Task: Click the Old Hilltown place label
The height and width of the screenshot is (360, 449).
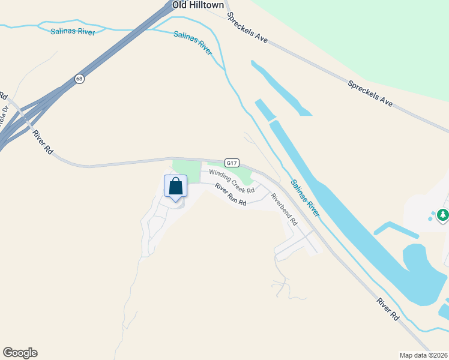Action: [x=198, y=5]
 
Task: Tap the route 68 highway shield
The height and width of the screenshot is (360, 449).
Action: [x=79, y=79]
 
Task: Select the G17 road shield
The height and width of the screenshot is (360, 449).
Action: [x=232, y=163]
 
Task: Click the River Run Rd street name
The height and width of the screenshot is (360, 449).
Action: [x=231, y=194]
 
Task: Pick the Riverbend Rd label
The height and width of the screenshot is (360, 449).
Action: [x=283, y=209]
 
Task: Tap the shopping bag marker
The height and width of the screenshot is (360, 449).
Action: [x=175, y=187]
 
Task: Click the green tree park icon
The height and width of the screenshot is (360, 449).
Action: [x=443, y=214]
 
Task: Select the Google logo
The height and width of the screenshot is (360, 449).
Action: [x=20, y=353]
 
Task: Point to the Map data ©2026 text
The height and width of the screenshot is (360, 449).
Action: [x=424, y=355]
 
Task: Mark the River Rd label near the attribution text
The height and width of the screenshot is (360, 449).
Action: [x=388, y=308]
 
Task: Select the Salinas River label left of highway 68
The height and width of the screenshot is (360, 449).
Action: [x=72, y=31]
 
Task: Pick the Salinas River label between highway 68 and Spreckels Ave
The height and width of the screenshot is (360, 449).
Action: [x=193, y=43]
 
